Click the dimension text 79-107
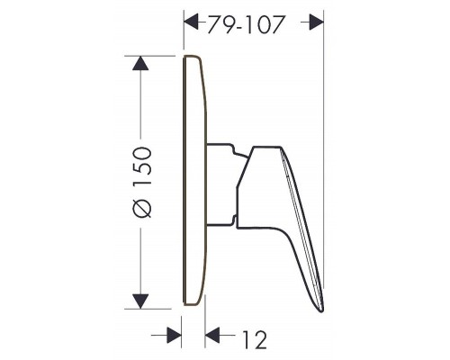pyautogui.click(x=242, y=27)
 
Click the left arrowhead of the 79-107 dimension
pyautogui.click(x=192, y=18)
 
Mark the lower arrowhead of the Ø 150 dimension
pyautogui.click(x=141, y=299)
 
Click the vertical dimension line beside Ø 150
pyautogui.click(x=141, y=108)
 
